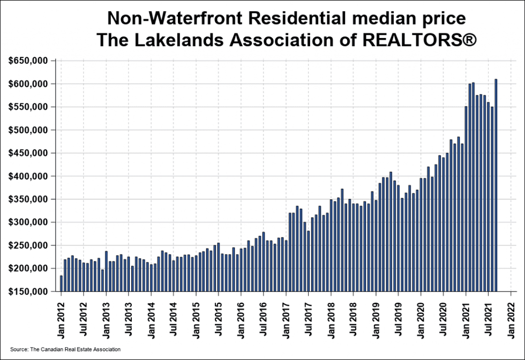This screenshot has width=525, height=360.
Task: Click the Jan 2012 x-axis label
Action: pos(61,316)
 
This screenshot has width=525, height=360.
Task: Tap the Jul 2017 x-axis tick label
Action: pos(309,316)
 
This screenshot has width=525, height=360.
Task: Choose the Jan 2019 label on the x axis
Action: pos(376,316)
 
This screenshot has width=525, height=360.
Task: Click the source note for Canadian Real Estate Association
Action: pos(65,349)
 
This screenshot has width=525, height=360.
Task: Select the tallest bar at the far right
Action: pos(496,185)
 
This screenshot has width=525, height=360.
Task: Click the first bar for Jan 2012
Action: pos(61,283)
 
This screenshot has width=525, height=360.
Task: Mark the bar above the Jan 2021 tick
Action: pos(466,198)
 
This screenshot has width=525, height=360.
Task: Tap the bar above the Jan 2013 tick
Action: pos(106,271)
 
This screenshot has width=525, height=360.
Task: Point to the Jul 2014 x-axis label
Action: pos(174,316)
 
